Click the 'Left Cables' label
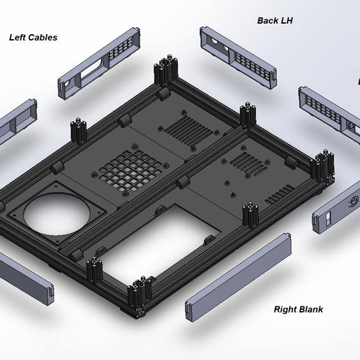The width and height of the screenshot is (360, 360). tap(33, 37)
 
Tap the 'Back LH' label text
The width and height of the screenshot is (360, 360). tap(275, 21)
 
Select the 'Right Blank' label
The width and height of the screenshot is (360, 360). tap(298, 309)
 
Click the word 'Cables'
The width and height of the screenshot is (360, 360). tap(43, 37)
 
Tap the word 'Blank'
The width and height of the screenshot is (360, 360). tap(310, 309)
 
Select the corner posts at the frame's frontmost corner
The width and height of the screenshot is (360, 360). tap(140, 294)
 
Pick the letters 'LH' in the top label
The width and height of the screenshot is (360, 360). tap(285, 21)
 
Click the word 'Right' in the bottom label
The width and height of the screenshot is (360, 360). tap(285, 309)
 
